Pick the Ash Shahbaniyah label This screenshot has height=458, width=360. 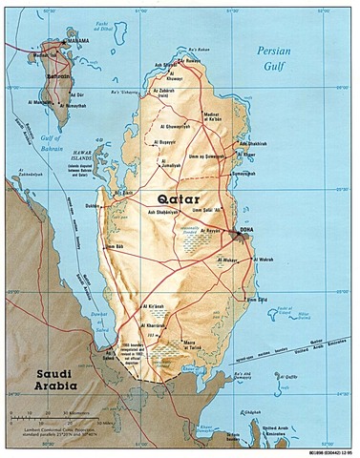(x=163, y=212)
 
